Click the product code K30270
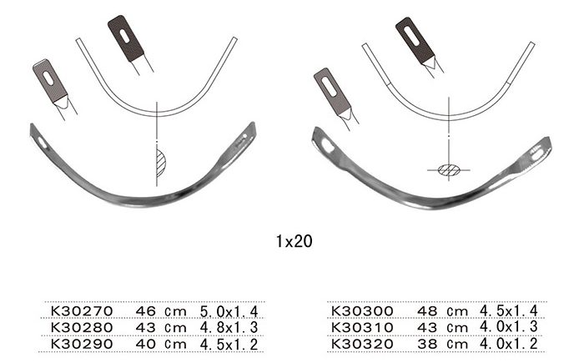(82, 310)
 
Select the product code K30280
(82, 328)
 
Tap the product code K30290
(82, 344)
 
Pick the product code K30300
(362, 310)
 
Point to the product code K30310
(362, 328)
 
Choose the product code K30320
(362, 344)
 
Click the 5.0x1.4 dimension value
(229, 310)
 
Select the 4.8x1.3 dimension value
(229, 328)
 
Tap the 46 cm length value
(161, 310)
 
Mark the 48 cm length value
(442, 310)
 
